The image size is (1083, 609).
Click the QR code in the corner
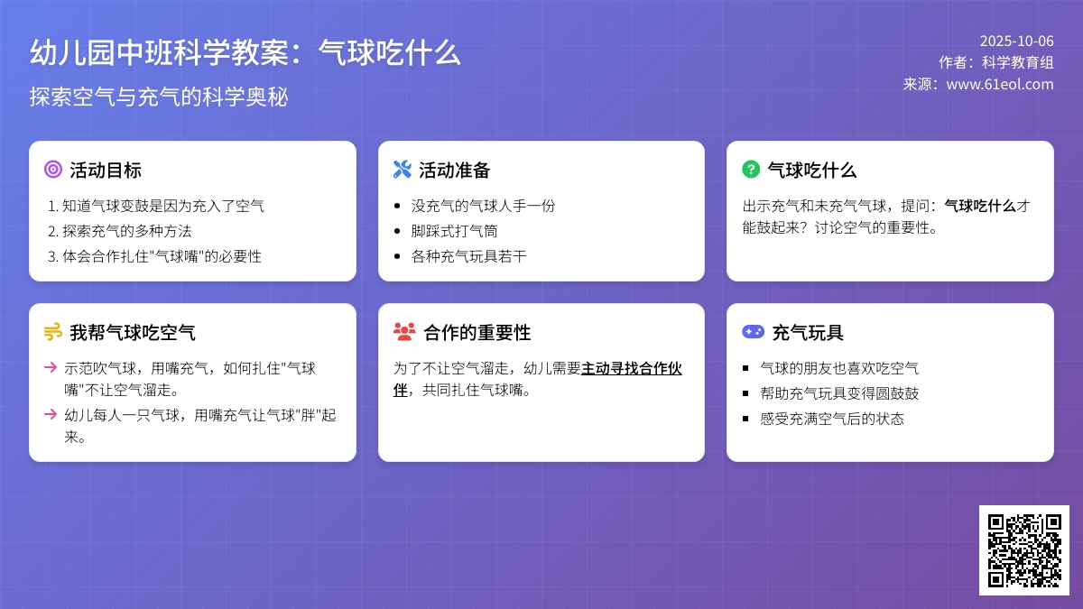[1024, 550]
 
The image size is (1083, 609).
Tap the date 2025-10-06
[1017, 42]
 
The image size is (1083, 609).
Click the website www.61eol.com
[1000, 84]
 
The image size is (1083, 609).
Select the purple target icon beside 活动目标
[53, 170]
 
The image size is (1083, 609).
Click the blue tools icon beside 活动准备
[403, 170]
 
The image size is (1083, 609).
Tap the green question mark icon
[751, 170]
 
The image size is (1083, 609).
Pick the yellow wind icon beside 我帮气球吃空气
[53, 332]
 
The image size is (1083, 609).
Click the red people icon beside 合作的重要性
[404, 332]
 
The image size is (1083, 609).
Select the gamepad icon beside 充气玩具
[754, 332]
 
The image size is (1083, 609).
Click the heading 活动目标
[106, 171]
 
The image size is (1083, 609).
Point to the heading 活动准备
[455, 171]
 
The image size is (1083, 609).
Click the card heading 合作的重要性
[477, 333]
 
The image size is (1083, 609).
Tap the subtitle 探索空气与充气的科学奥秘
[159, 97]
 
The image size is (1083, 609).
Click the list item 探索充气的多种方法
[126, 231]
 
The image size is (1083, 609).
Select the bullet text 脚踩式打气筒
[454, 231]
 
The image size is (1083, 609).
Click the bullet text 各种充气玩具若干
[468, 256]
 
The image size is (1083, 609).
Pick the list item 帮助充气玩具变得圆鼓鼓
[839, 393]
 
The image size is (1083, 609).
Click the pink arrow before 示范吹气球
[51, 368]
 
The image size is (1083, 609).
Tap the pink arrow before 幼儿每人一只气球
[51, 414]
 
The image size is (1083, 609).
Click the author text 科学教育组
[1018, 62]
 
